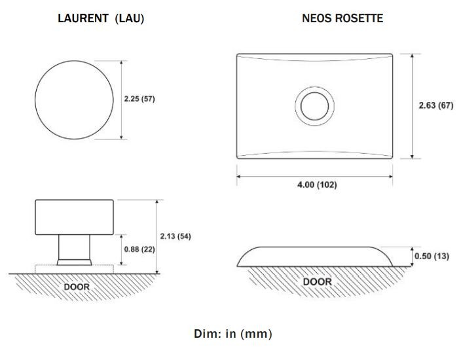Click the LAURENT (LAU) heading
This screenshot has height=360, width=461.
tap(101, 18)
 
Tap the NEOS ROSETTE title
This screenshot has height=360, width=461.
tap(342, 18)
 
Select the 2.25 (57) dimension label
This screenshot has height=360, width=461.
tap(139, 99)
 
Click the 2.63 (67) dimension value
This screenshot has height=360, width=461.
tap(436, 105)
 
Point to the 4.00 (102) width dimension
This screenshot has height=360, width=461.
tap(317, 185)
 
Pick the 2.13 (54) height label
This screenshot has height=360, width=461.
tap(175, 236)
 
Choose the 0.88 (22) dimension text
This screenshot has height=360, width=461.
tap(139, 249)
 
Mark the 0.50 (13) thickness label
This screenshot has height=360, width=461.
tap(432, 256)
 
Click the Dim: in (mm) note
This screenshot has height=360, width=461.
tap(233, 334)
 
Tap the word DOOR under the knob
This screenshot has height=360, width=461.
tap(77, 287)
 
